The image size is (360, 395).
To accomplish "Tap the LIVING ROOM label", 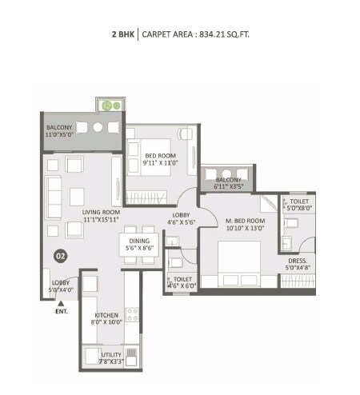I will [x=101, y=212].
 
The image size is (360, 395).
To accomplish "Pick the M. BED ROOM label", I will [x=233, y=220].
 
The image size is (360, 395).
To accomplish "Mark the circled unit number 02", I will [x=59, y=257].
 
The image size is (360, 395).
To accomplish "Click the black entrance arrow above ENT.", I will [x=59, y=302].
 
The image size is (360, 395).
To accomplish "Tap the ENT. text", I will [x=60, y=311].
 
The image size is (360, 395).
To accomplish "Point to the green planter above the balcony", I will [x=108, y=105].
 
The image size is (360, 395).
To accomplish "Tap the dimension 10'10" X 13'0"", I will [x=233, y=228].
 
